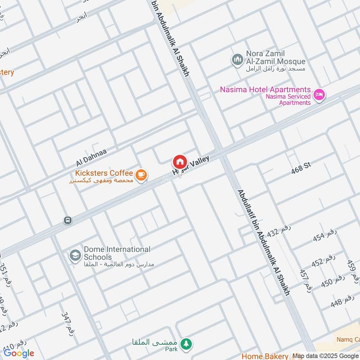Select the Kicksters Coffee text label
pos(104,173)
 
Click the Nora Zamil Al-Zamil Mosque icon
pos(237,59)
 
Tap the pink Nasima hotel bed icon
pos(319,95)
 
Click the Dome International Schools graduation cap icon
pos(75,256)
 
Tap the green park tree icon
pos(185,345)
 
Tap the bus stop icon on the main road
pos(67,220)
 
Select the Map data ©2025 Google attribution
pos(325,356)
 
